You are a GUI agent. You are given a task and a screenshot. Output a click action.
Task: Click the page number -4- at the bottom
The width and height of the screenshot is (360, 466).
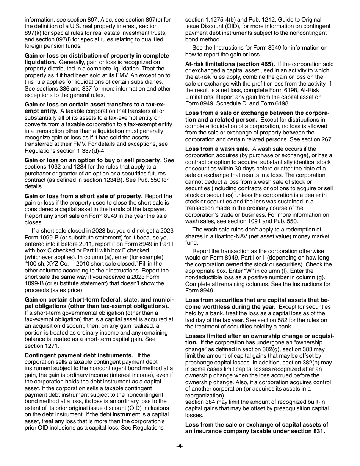180,446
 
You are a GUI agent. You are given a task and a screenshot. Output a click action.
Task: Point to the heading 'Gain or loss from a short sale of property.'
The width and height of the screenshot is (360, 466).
83,196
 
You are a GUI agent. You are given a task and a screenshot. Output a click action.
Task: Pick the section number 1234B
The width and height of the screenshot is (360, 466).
112,180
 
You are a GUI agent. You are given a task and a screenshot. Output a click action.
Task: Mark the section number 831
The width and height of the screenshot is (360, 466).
317,431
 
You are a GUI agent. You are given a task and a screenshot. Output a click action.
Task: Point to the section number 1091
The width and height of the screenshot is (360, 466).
271,221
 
